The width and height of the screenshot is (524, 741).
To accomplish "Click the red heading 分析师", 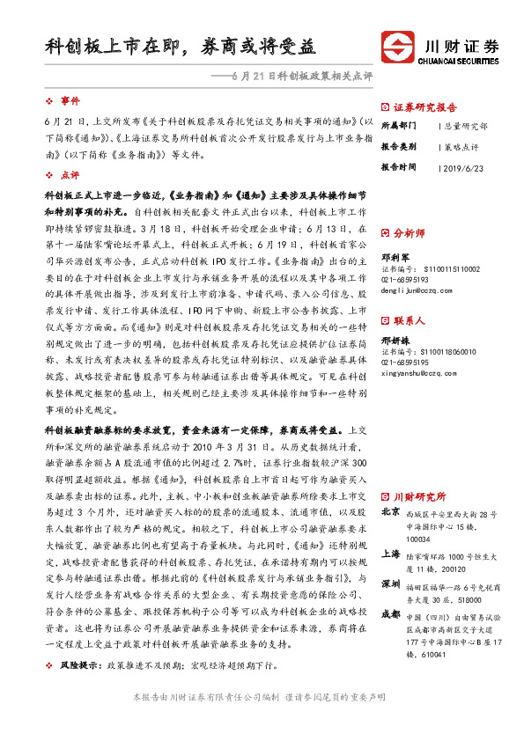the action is point(409,233).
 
